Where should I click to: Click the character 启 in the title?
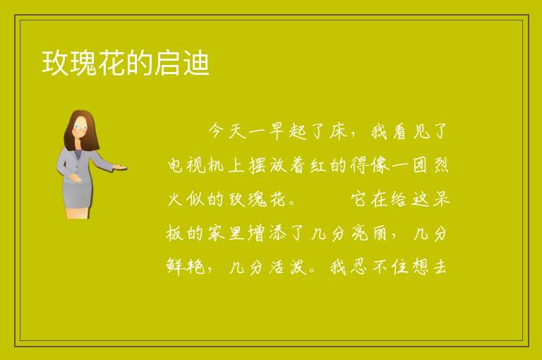pyautogui.click(x=167, y=63)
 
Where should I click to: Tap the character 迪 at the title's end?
pyautogui.click(x=196, y=63)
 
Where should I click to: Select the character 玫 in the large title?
pyautogui.click(x=55, y=63)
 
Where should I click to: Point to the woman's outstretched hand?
pyautogui.click(x=119, y=167)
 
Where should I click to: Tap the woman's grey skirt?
pyautogui.click(x=77, y=195)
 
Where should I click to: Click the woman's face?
pyautogui.click(x=80, y=128)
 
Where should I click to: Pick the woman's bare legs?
pyautogui.click(x=77, y=213)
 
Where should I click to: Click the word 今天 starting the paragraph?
pyautogui.click(x=227, y=131)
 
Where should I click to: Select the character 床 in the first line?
pyautogui.click(x=338, y=131)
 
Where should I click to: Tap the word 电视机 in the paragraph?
pyautogui.click(x=195, y=165)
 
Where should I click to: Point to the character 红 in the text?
pyautogui.click(x=318, y=165)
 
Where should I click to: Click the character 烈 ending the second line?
pyautogui.click(x=440, y=165)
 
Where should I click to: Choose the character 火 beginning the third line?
pyautogui.click(x=175, y=199)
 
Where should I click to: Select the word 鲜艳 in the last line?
pyautogui.click(x=186, y=267)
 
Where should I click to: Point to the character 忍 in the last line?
pyautogui.click(x=359, y=267)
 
